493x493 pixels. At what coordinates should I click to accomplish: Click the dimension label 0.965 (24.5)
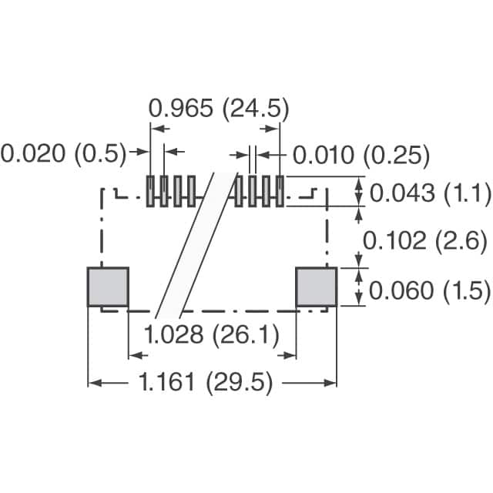[219, 109]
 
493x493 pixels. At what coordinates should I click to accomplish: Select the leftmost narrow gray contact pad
[153, 191]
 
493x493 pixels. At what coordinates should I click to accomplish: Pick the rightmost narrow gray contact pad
[280, 191]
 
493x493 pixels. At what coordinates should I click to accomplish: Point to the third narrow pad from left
[178, 191]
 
